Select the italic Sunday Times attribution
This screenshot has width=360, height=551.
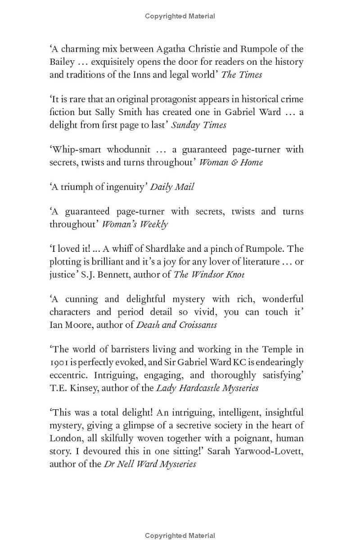(x=198, y=125)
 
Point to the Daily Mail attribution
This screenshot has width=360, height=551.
(x=172, y=187)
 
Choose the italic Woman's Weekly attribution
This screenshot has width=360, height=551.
(x=135, y=224)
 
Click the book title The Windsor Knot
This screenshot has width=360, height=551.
(x=209, y=274)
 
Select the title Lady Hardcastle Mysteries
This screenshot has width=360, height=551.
(x=207, y=388)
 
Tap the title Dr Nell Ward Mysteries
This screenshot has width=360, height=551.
(x=150, y=464)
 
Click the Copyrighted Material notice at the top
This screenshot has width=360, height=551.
(x=180, y=16)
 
